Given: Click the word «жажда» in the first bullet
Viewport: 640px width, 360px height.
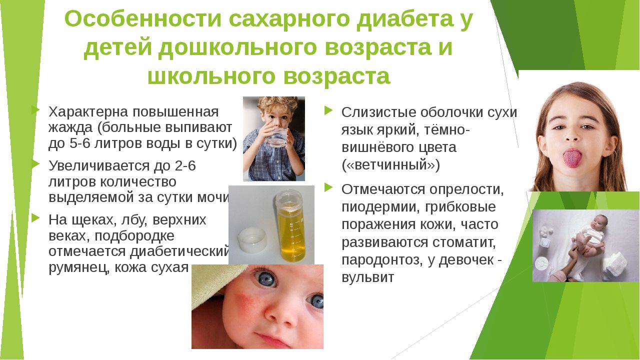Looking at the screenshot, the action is tap(70, 127).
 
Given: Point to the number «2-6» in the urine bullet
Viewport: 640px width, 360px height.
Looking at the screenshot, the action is tap(185, 165).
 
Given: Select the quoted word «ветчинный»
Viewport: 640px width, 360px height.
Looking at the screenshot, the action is tap(390, 165).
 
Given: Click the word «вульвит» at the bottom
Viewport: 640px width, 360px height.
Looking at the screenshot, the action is tap(367, 277).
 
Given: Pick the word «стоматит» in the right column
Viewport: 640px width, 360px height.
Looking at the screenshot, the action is tap(463, 242).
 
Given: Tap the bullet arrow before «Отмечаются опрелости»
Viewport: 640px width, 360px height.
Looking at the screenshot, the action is tap(328, 187).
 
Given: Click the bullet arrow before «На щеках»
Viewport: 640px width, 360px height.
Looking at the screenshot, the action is tap(35, 218).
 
